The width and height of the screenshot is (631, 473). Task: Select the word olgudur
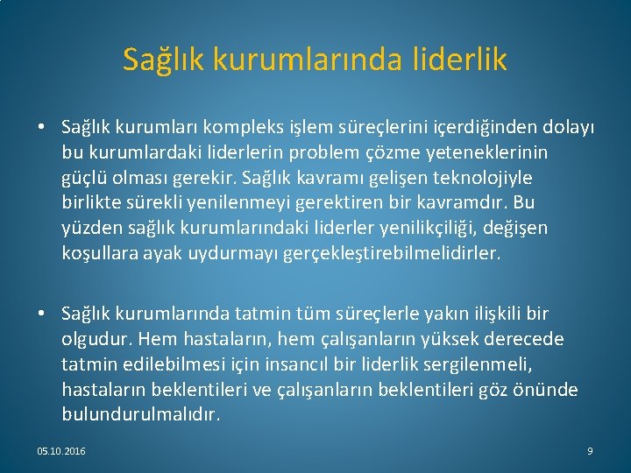(94, 339)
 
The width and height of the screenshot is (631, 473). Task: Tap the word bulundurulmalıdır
(141, 413)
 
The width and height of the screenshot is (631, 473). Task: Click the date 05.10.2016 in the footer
(61, 451)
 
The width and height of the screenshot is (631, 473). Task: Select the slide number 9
(590, 451)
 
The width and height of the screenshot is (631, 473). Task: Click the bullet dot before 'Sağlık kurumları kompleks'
(42, 128)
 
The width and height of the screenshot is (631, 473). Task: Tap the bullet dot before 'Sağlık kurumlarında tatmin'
(42, 314)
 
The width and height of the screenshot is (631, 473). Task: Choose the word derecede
(526, 339)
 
